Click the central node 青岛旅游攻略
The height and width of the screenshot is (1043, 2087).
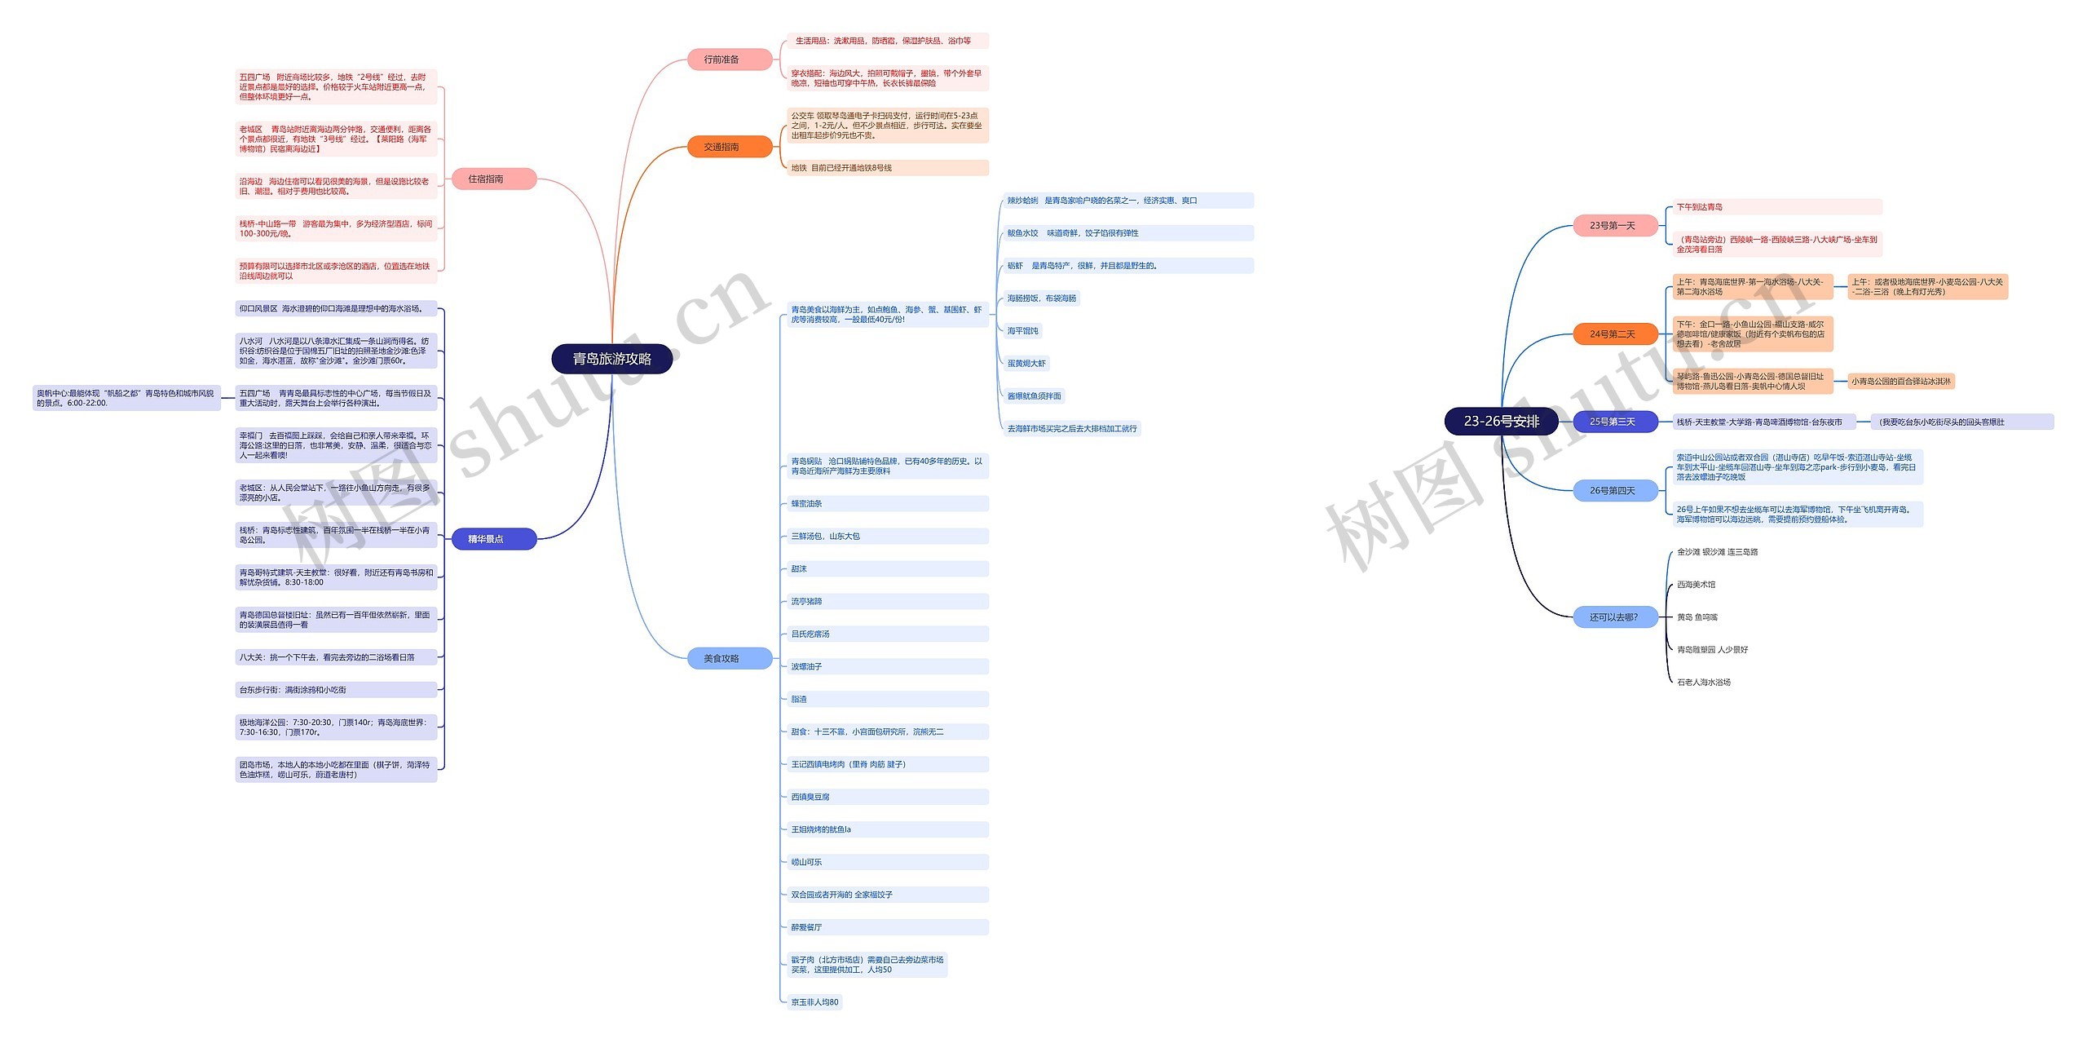pyautogui.click(x=611, y=359)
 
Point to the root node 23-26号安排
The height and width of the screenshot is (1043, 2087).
pyautogui.click(x=1501, y=422)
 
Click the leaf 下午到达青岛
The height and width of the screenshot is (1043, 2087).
pyautogui.click(x=1700, y=207)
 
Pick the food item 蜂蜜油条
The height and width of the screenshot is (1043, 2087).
pyautogui.click(x=807, y=504)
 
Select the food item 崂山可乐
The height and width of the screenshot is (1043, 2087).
pyautogui.click(x=807, y=862)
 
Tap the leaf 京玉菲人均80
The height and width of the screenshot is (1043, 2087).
pyautogui.click(x=814, y=1002)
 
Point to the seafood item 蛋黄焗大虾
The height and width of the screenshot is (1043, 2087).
pyautogui.click(x=1026, y=364)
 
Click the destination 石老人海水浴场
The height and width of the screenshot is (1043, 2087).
pyautogui.click(x=1704, y=683)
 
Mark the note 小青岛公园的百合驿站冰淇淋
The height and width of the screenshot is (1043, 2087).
pyautogui.click(x=1900, y=381)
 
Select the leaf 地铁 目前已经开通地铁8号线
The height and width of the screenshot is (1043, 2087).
pyautogui.click(x=841, y=168)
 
